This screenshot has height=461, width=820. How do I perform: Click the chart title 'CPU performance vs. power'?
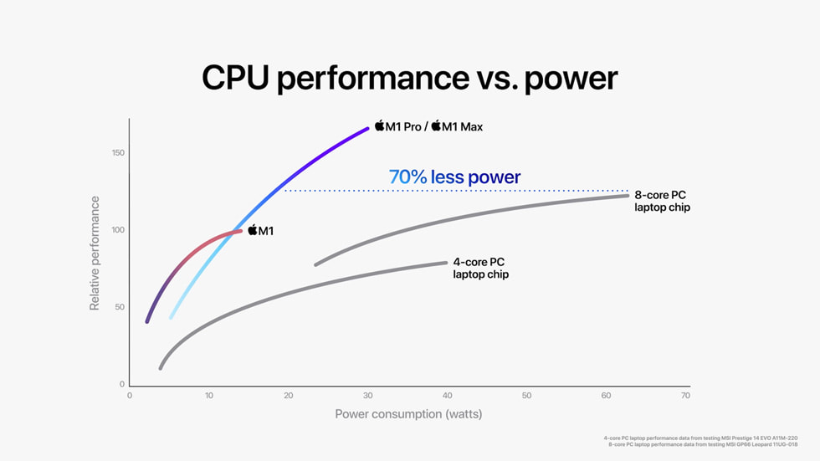(x=409, y=78)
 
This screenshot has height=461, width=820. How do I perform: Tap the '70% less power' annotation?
(x=454, y=177)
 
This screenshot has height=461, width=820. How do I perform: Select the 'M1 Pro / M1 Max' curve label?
(x=428, y=126)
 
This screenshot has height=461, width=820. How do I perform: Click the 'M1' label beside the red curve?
(x=260, y=230)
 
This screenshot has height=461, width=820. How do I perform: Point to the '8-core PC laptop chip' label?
(x=662, y=201)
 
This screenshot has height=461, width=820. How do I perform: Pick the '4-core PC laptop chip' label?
(x=480, y=268)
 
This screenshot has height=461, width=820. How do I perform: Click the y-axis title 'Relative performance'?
(x=95, y=254)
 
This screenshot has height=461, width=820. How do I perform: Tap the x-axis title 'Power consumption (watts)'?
(x=408, y=414)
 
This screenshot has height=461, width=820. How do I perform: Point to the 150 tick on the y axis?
(x=117, y=152)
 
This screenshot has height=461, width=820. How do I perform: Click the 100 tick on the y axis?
(x=117, y=230)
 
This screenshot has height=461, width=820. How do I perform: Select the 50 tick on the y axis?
(x=119, y=307)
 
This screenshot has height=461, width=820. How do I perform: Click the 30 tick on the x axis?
(x=367, y=396)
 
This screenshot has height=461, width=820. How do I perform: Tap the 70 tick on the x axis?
(x=685, y=396)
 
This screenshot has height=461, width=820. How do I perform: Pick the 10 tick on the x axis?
(x=208, y=396)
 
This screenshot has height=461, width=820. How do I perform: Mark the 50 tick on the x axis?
(x=526, y=396)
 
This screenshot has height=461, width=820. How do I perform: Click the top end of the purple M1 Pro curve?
(x=367, y=128)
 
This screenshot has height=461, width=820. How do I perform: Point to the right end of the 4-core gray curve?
(x=446, y=263)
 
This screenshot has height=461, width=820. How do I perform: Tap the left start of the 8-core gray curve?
(x=315, y=264)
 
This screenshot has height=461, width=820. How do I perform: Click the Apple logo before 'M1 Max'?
(x=436, y=126)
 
